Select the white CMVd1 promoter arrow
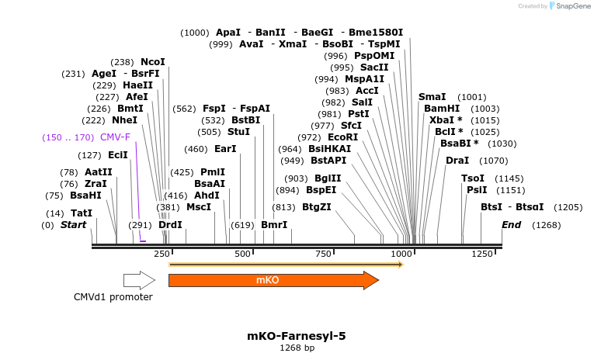pyautogui.click(x=139, y=280)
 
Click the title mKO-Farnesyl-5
pyautogui.click(x=296, y=336)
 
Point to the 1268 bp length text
pyautogui.click(x=297, y=348)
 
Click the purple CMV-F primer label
pyautogui.click(x=115, y=137)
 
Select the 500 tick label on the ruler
pyautogui.click(x=243, y=254)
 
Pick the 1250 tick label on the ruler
pyautogui.click(x=481, y=254)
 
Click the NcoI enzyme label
pyautogui.click(x=153, y=62)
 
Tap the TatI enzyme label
pyautogui.click(x=82, y=213)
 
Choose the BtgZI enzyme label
pyautogui.click(x=317, y=207)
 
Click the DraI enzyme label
pyautogui.click(x=457, y=161)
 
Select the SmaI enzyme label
pyautogui.click(x=432, y=97)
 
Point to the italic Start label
pyautogui.click(x=73, y=225)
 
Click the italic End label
pyautogui.click(x=512, y=225)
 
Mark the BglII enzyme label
pyautogui.click(x=329, y=178)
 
